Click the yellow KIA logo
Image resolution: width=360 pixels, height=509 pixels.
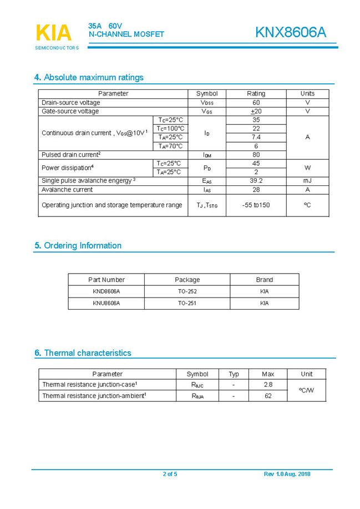pos(54,33)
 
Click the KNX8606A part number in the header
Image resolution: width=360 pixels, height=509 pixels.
pos(291,33)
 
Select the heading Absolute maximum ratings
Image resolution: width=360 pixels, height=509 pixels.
pos(89,78)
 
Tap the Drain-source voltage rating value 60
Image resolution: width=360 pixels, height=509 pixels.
pos(256,103)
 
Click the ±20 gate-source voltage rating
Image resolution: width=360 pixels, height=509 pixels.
pos(256,112)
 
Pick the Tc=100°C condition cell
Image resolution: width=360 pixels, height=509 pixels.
pos(170,129)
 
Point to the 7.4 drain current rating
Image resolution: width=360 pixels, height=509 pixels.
pos(256,137)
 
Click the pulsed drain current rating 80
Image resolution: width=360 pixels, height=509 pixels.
pos(256,155)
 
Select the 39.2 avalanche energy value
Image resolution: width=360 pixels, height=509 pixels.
pos(256,181)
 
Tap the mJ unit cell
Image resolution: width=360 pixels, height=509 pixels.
pos(307,181)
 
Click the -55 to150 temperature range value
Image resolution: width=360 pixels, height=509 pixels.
pos(256,205)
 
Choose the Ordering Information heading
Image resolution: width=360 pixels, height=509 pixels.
pos(78,246)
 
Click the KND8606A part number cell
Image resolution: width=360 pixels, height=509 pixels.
pos(106,291)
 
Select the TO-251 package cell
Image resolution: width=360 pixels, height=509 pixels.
pos(187,303)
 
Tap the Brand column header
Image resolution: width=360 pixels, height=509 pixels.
pos(264,280)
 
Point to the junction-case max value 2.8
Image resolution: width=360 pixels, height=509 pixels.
pos(268,385)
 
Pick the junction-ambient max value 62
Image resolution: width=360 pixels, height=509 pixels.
pos(268,396)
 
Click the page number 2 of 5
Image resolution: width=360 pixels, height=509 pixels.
pos(170,474)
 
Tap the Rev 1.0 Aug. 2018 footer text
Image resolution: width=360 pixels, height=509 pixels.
pos(287,474)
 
